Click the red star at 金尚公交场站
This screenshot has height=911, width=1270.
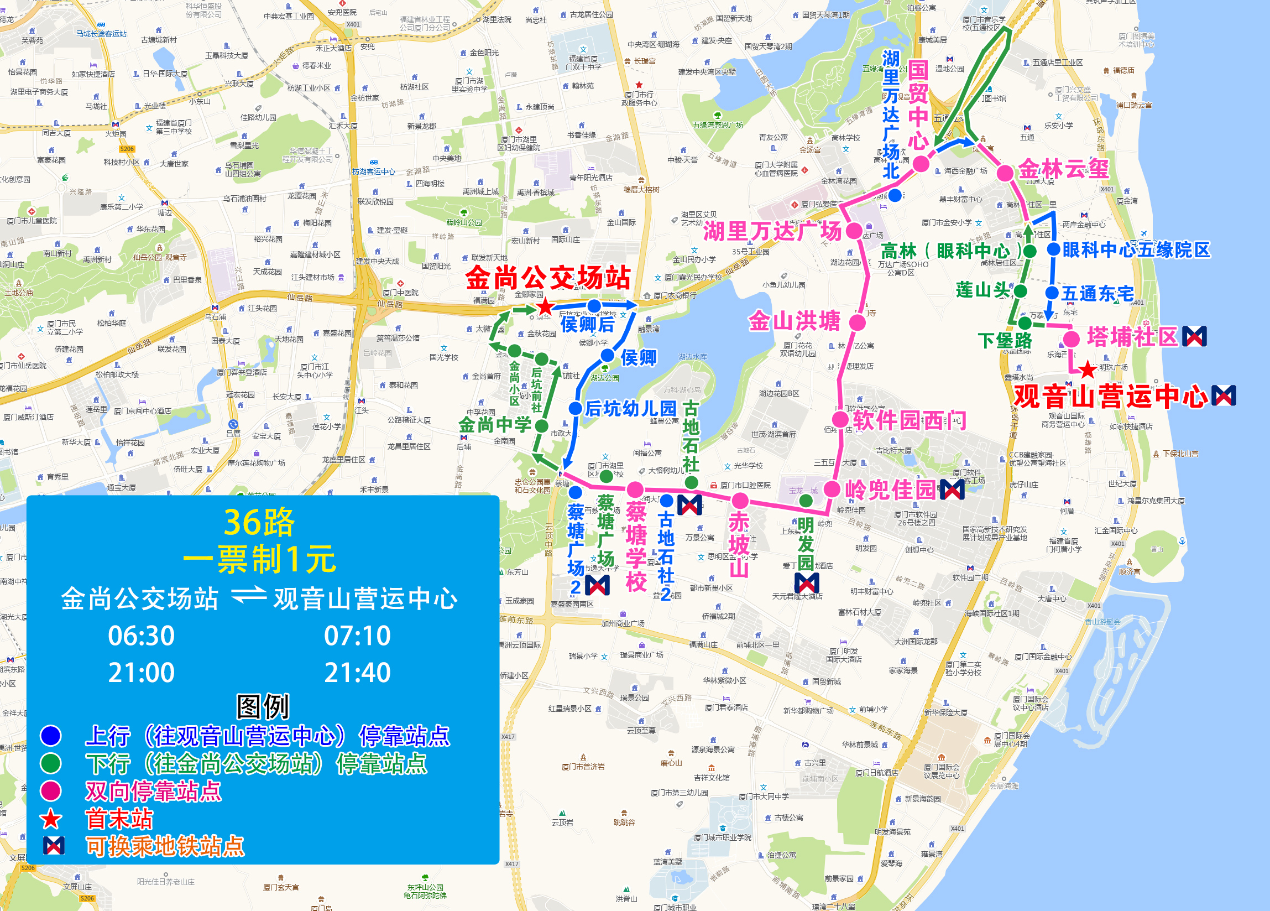tap(545, 306)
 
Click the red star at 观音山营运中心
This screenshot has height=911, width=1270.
tap(1088, 370)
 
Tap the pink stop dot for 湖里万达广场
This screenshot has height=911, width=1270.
tap(854, 230)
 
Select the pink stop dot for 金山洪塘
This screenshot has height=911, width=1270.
tap(857, 322)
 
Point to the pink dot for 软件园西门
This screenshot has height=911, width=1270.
tap(840, 419)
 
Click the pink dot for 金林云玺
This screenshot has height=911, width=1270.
tap(1005, 173)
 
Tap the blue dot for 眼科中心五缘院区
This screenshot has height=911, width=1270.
tap(1053, 249)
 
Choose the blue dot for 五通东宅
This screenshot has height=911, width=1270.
tap(1052, 293)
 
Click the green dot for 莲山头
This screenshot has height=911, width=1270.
tap(1020, 291)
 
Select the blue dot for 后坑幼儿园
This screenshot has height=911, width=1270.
tap(575, 408)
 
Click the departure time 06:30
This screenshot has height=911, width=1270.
tap(141, 636)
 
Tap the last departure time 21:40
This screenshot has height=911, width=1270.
tap(357, 672)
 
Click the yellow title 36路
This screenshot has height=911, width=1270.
tap(259, 522)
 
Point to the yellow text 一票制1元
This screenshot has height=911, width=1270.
tap(259, 559)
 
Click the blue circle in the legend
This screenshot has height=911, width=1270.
tap(51, 736)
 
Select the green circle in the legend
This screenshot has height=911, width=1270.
tap(51, 763)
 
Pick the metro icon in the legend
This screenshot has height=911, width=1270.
tap(54, 845)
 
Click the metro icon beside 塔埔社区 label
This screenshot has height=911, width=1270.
tap(1194, 336)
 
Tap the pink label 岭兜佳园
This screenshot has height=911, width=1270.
tap(890, 489)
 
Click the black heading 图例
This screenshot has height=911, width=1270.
tap(263, 706)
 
